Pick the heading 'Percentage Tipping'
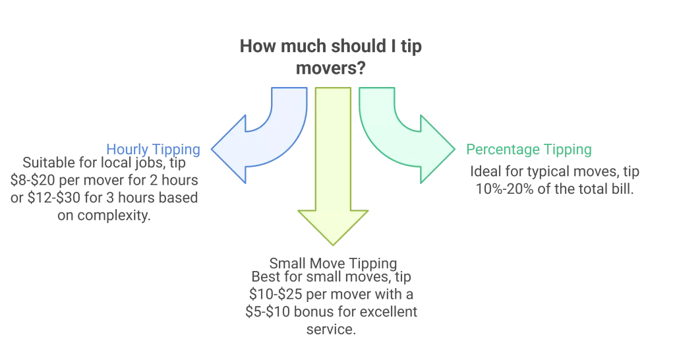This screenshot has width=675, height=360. coord(529,150)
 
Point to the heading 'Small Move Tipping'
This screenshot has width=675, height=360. coord(332,262)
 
